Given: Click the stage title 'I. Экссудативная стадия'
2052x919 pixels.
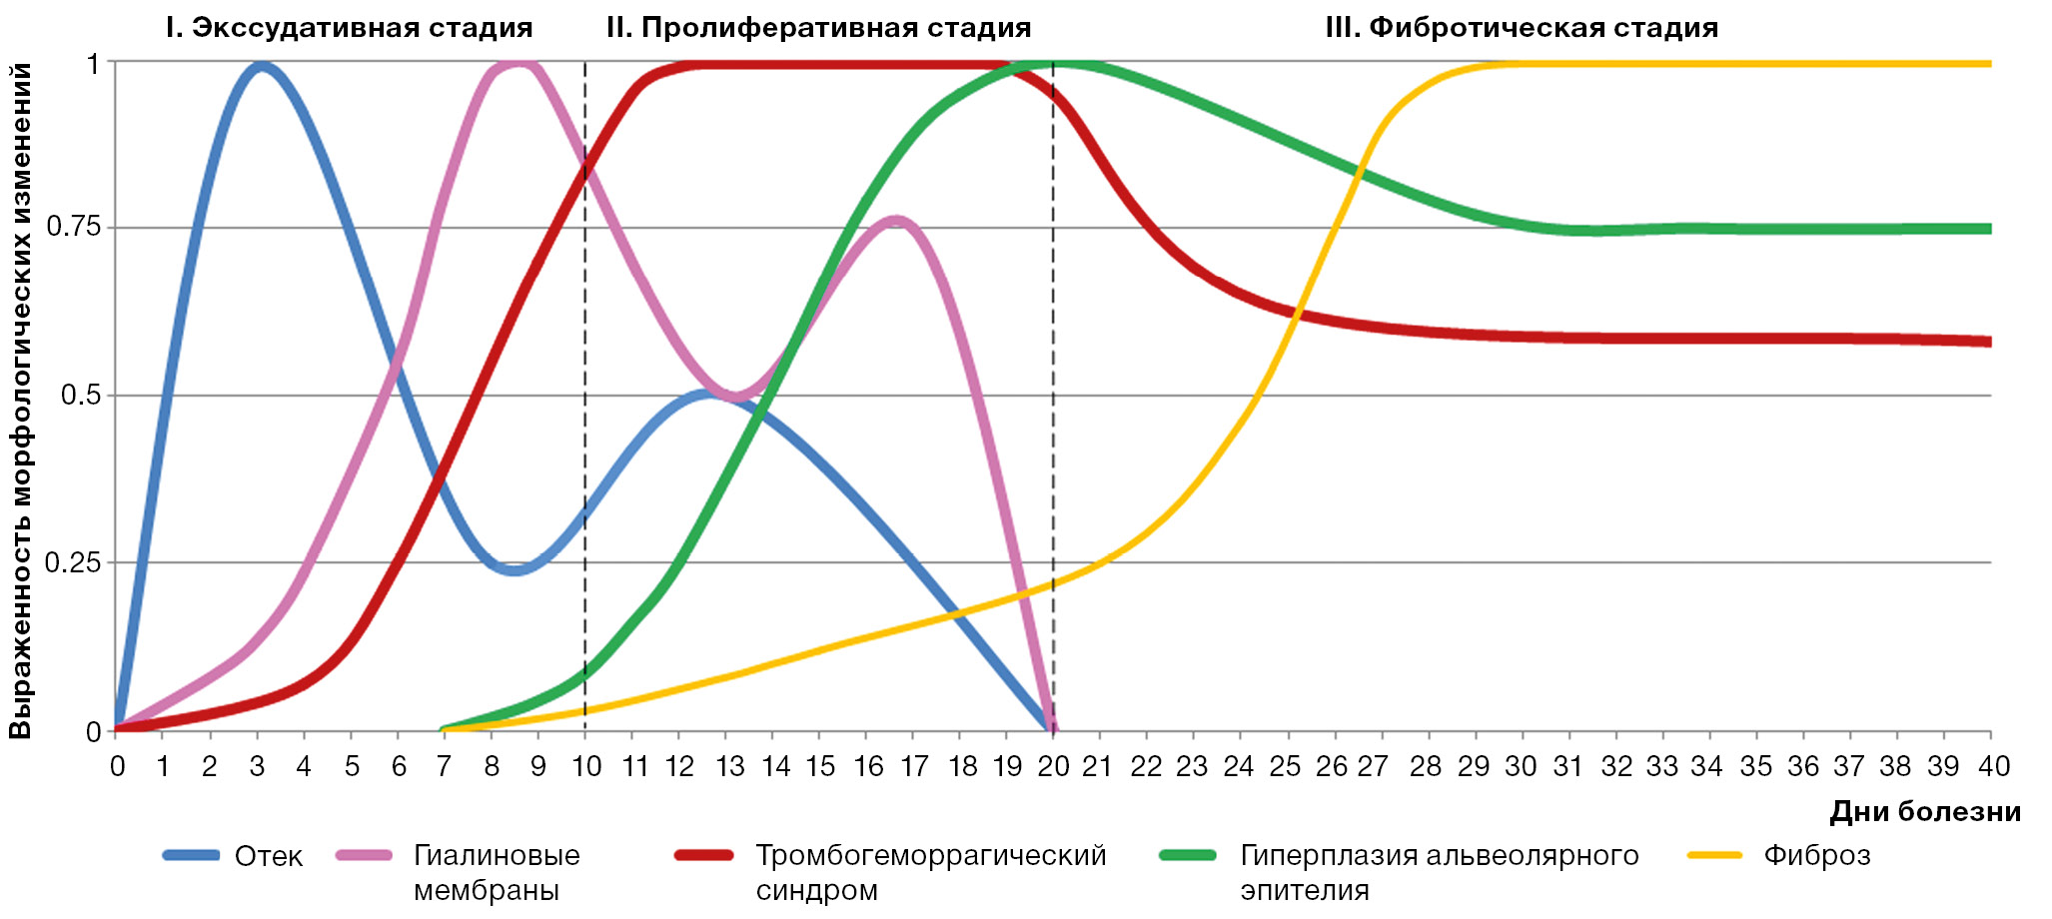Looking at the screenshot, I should [349, 28].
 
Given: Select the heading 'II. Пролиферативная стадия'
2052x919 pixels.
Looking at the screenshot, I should [818, 28].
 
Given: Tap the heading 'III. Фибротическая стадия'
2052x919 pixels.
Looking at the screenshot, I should [1521, 28].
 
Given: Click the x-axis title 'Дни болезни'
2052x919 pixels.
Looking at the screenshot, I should [1924, 812].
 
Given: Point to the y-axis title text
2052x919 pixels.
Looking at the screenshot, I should [21, 400].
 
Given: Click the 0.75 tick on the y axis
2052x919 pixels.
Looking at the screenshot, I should [74, 228].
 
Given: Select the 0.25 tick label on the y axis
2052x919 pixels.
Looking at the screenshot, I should [74, 562].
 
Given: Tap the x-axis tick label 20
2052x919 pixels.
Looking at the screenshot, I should [1053, 766].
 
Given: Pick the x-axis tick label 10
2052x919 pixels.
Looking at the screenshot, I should [585, 766].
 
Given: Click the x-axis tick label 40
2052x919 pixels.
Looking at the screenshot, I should [1993, 766].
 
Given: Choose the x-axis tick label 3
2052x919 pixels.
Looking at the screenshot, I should [257, 766].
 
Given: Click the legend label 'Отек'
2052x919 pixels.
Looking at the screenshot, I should [268, 856].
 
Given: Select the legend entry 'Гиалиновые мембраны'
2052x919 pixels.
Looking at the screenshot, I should [496, 872].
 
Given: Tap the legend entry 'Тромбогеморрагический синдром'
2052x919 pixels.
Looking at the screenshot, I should [929, 872].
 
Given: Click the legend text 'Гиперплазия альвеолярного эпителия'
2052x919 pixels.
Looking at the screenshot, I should [1439, 872].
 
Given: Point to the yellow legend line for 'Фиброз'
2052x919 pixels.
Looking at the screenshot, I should [1714, 856].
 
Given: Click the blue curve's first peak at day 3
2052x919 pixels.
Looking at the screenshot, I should [262, 66].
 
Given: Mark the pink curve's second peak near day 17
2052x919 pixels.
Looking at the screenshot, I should [895, 220].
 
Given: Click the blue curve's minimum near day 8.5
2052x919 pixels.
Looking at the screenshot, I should [514, 570].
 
